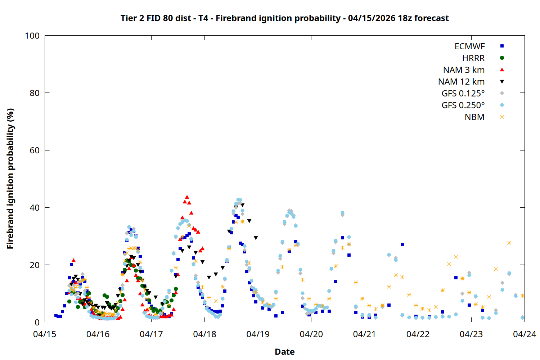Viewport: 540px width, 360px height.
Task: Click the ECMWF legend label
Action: (469, 46)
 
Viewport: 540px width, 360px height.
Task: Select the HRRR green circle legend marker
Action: (502, 58)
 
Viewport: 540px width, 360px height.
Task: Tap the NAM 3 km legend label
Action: (464, 70)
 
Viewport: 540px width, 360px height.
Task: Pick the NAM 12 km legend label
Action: (461, 82)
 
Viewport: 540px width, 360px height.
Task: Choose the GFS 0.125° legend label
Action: (463, 94)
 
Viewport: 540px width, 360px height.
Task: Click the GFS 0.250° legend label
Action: (463, 105)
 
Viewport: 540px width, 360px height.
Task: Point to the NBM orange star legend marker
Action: (502, 117)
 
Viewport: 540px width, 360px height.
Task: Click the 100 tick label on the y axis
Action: (32, 36)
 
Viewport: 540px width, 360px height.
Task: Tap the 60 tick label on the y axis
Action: (35, 150)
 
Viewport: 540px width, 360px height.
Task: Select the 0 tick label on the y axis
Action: (37, 322)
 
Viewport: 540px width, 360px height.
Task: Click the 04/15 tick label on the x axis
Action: (45, 334)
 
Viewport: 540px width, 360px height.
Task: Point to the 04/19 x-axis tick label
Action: (258, 334)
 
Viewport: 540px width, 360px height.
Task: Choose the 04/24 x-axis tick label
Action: (524, 334)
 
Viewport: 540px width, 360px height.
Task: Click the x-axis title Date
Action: (284, 352)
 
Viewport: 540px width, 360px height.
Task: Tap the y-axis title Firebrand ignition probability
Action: (10, 179)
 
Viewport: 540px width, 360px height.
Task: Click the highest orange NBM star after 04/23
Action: (509, 243)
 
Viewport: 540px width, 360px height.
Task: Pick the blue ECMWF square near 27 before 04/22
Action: (402, 245)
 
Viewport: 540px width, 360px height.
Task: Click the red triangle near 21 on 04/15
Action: (73, 260)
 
